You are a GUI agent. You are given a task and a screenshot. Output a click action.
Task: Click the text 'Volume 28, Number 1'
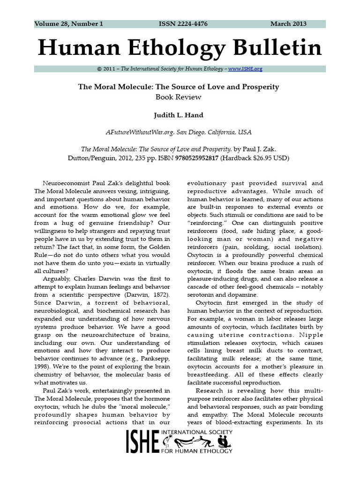(68, 24)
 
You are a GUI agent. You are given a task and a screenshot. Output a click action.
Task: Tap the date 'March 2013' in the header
(288, 24)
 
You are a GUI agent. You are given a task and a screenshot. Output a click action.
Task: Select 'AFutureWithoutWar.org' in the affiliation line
(139, 133)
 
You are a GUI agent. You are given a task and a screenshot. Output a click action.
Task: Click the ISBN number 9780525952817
(197, 158)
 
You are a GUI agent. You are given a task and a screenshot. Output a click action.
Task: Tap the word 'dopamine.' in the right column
(240, 295)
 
